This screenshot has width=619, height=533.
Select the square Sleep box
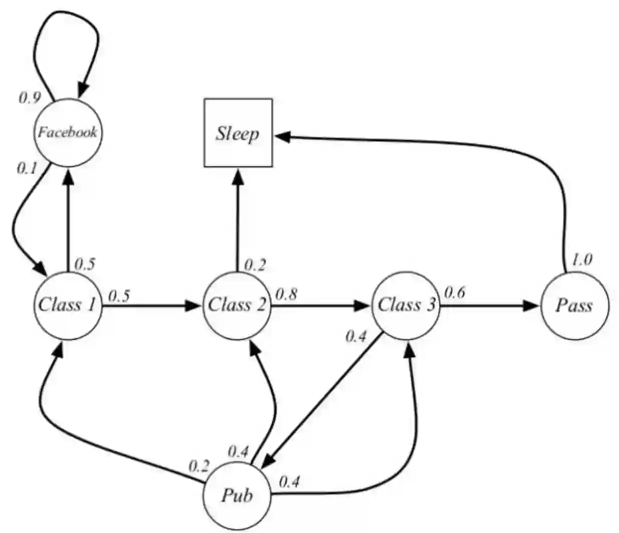pyautogui.click(x=238, y=133)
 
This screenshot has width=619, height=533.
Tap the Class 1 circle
pyautogui.click(x=67, y=305)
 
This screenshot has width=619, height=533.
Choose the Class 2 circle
pyautogui.click(x=237, y=305)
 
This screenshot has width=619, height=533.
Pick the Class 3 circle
pyautogui.click(x=406, y=305)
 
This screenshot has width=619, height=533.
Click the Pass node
pyautogui.click(x=574, y=305)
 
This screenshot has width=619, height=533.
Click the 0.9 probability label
pyautogui.click(x=30, y=97)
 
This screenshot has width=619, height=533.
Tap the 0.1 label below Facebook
pyautogui.click(x=27, y=168)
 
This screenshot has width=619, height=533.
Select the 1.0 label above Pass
pyautogui.click(x=582, y=259)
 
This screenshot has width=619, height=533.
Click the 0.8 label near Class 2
pyautogui.click(x=286, y=295)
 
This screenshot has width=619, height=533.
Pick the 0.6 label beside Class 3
pyautogui.click(x=455, y=293)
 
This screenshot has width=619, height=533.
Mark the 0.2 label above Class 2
pyautogui.click(x=254, y=265)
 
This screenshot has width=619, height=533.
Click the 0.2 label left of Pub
pyautogui.click(x=198, y=467)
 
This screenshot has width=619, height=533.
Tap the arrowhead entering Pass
pyautogui.click(x=531, y=305)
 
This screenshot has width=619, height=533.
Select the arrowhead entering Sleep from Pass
pyautogui.click(x=281, y=136)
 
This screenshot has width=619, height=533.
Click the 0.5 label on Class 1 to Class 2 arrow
pyautogui.click(x=119, y=296)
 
